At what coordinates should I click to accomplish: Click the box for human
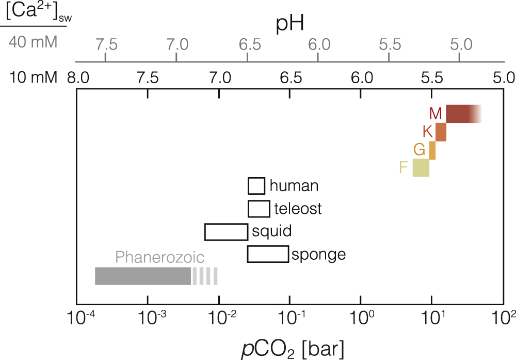tap(256, 185)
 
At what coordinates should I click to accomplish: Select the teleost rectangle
tap(259, 209)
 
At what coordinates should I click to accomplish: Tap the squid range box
tap(226, 232)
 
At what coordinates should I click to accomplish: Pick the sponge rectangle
tap(268, 254)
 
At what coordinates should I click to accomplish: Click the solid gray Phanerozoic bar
tap(143, 276)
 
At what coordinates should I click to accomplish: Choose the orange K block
tap(441, 132)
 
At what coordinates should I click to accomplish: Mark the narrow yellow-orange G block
tap(432, 150)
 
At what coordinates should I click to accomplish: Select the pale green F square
tap(421, 168)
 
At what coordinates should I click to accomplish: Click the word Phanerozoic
tap(160, 257)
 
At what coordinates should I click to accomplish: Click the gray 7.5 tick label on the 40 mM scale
tap(106, 44)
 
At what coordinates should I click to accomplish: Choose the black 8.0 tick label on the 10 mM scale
tap(77, 79)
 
